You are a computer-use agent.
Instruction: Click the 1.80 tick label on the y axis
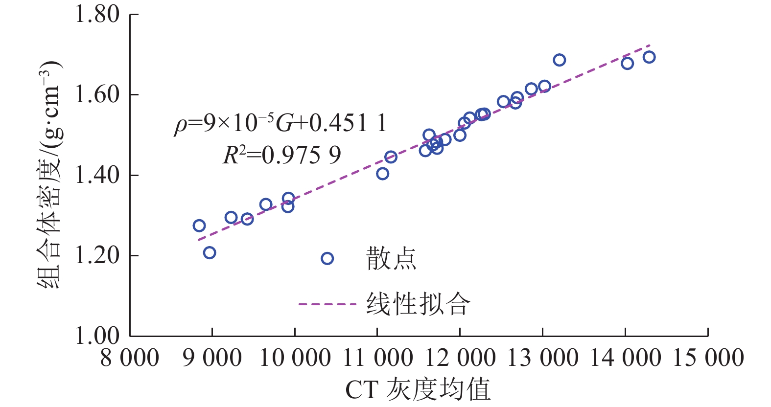[96, 15]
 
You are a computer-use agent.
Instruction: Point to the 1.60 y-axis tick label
[96, 95]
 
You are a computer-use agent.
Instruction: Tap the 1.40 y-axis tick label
[96, 175]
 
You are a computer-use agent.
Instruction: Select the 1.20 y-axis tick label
[96, 255]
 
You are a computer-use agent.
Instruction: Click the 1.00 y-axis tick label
[96, 336]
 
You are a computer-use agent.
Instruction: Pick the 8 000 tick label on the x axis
[130, 358]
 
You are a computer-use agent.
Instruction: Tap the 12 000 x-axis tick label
[460, 358]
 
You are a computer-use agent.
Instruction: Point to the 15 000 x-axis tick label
[708, 358]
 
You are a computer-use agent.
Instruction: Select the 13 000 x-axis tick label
[542, 358]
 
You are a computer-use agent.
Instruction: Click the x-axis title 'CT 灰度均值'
[418, 390]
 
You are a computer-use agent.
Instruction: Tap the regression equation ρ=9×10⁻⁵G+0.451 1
[280, 123]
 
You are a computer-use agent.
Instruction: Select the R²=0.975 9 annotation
[282, 156]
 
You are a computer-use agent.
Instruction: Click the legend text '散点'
[391, 259]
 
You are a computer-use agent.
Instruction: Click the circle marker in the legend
[327, 258]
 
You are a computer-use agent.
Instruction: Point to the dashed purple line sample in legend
[327, 304]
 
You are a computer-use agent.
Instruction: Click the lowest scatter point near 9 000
[210, 253]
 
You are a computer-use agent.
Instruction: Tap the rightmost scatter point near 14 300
[649, 57]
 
